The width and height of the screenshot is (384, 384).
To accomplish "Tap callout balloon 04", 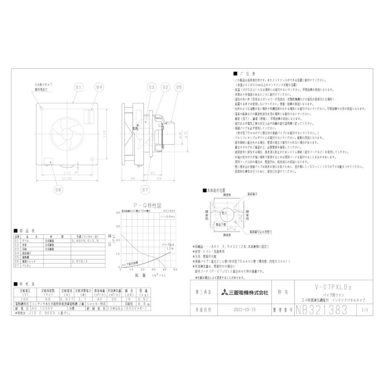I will pos(99,87).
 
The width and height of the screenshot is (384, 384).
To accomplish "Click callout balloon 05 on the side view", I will pos(178,87).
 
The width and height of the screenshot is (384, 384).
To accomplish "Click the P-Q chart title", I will pos(146,205).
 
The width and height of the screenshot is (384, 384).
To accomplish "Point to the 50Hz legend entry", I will pos(165,217).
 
